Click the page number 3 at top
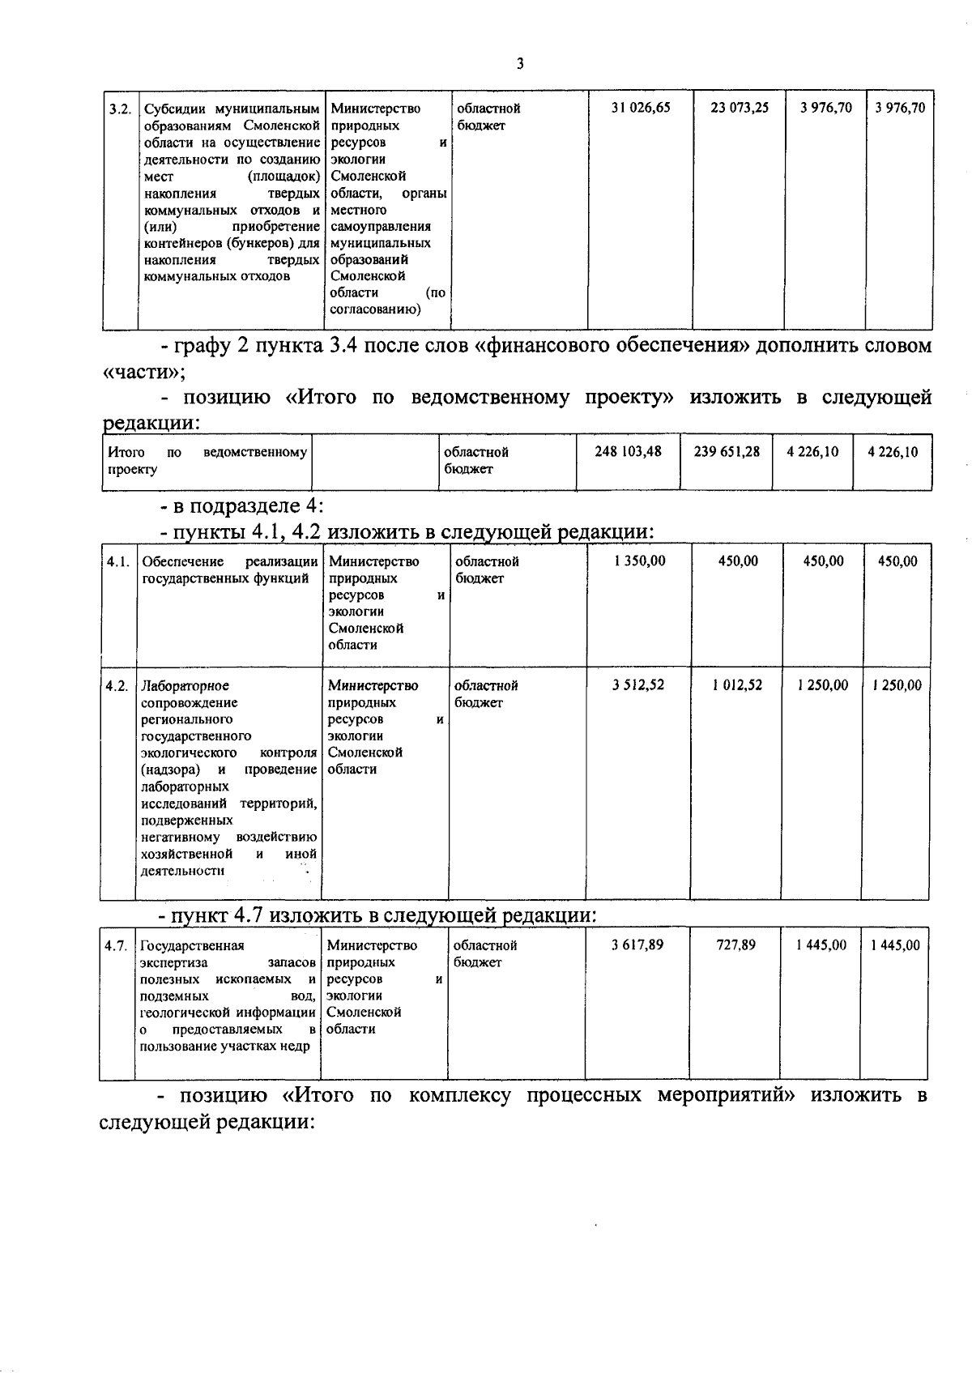[519, 64]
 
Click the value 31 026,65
[641, 108]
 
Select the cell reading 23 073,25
[739, 108]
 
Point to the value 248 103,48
[628, 451]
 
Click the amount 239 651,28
[727, 451]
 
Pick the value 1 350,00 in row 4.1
[640, 561]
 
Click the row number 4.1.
[117, 561]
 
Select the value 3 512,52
[638, 685]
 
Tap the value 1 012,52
[737, 685]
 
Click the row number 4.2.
[117, 686]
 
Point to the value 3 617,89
[637, 944]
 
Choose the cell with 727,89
[736, 944]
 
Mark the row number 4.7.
[117, 945]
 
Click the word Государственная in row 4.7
[192, 945]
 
